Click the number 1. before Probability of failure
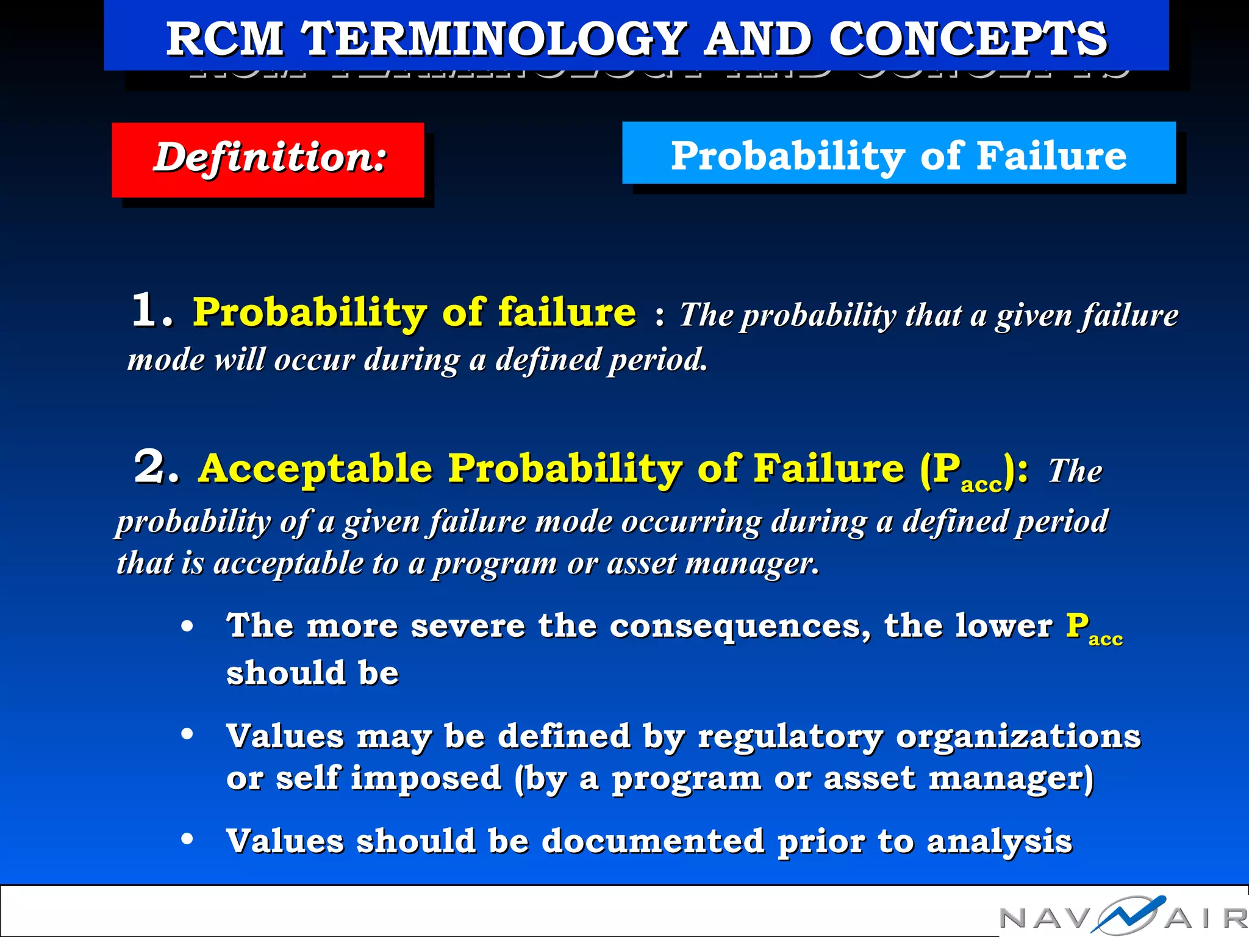151,311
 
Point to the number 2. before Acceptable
156,468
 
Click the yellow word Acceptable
315,470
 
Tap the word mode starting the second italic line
165,360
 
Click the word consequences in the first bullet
740,626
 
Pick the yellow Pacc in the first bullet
1092,628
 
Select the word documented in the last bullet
652,841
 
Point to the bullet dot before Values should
187,839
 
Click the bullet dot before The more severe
187,626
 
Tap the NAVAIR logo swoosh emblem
1128,914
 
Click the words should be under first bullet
312,673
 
